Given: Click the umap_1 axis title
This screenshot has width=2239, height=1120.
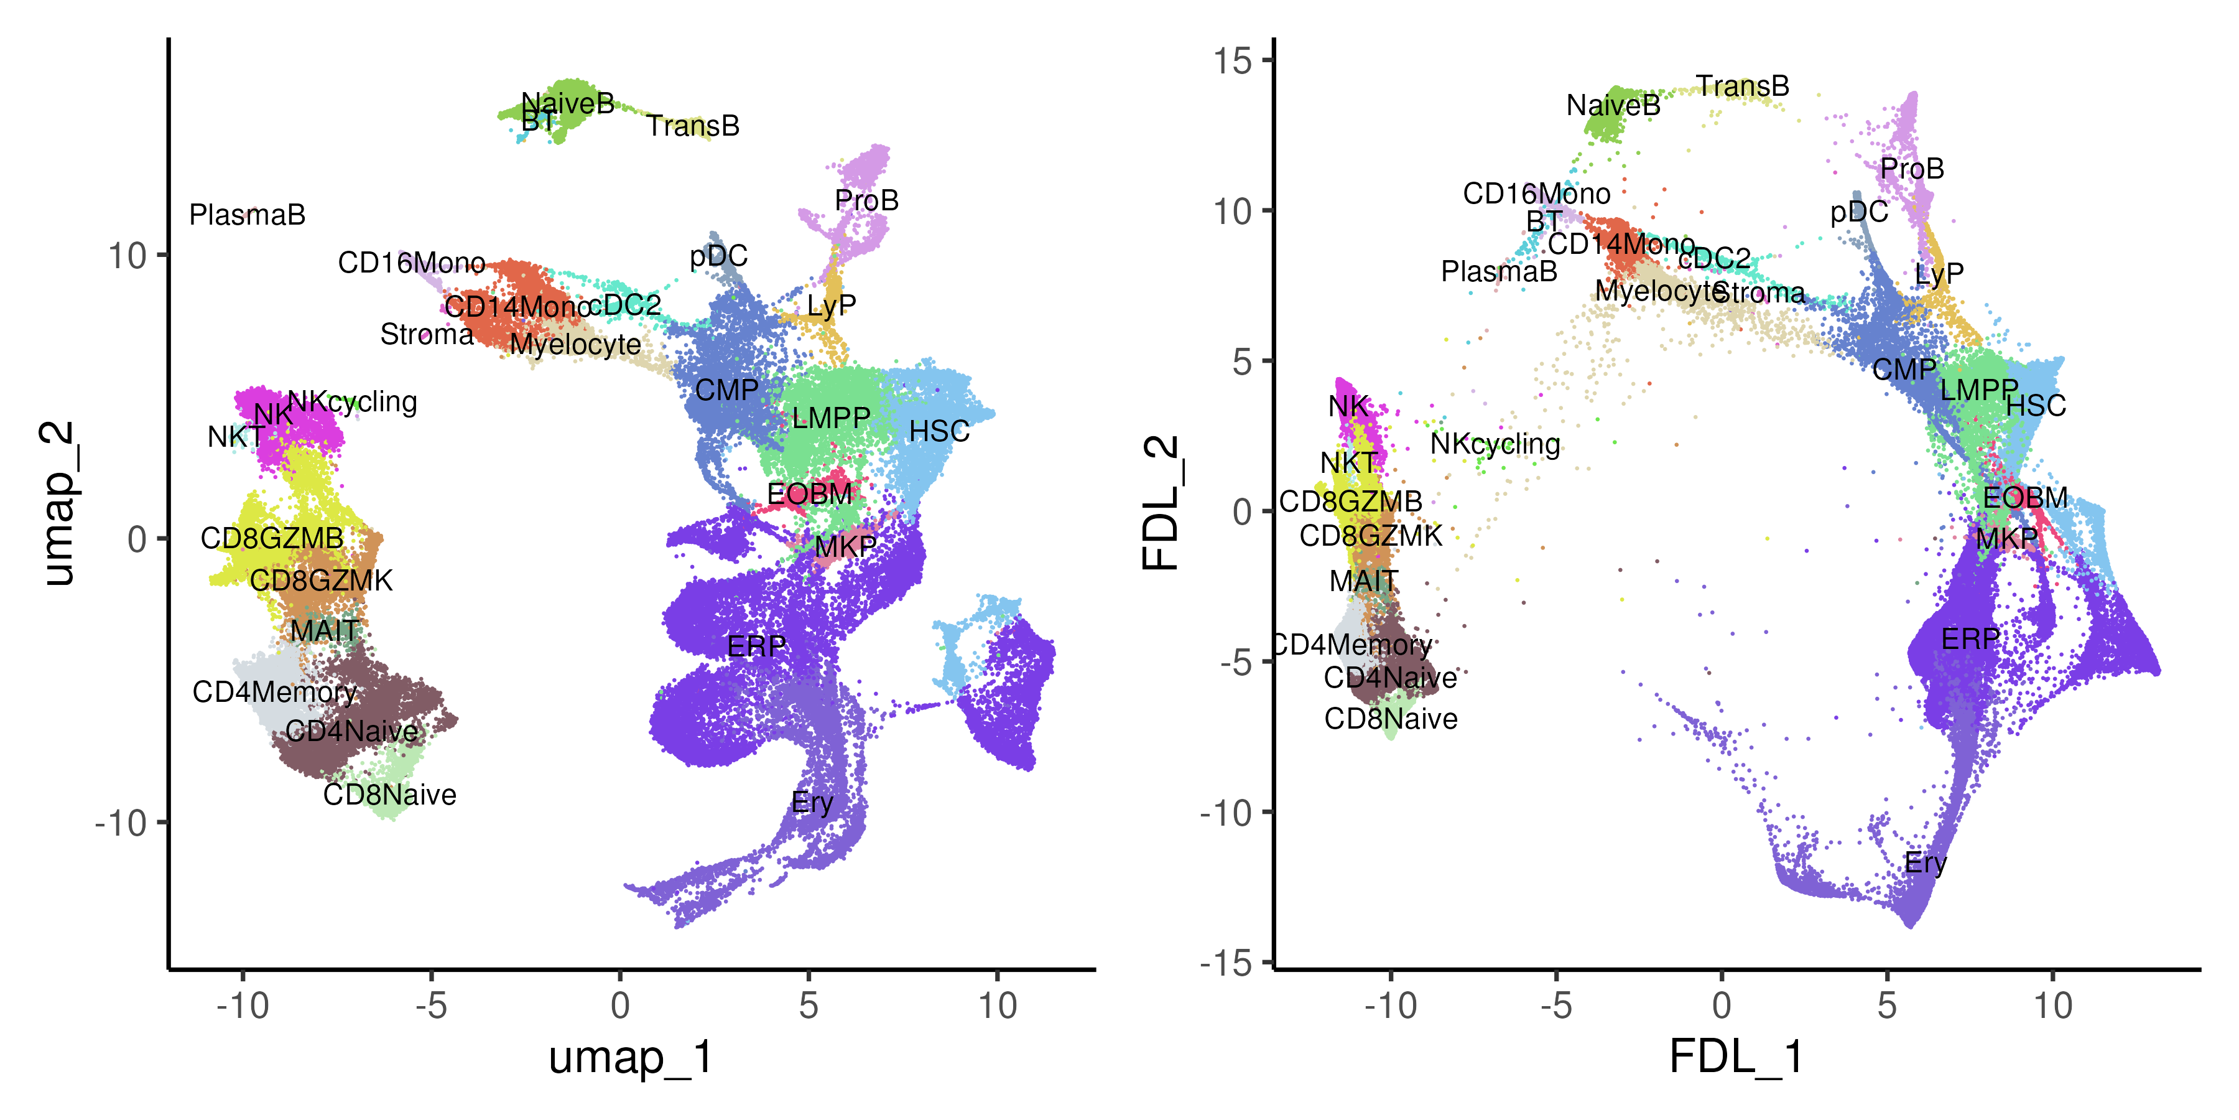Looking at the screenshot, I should (x=631, y=1057).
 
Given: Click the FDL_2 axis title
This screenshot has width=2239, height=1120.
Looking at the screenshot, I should (x=1161, y=503).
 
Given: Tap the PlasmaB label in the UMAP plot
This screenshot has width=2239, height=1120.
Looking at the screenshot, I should (x=247, y=215).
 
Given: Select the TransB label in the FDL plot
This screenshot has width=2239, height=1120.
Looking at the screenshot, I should (x=1743, y=86).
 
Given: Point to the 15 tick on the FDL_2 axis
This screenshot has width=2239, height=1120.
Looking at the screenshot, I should (x=1233, y=61).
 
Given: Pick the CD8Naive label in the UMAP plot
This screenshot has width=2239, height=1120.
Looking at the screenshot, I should (x=389, y=795).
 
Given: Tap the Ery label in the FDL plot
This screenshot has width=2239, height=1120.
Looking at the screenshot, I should (x=1925, y=864).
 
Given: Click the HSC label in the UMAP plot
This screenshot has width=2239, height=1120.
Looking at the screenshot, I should (x=939, y=431).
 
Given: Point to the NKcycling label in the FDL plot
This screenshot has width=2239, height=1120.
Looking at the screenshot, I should (x=1495, y=444).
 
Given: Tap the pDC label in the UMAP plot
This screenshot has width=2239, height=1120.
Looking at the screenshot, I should (x=718, y=256).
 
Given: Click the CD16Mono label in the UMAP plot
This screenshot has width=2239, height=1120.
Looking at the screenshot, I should (x=411, y=263).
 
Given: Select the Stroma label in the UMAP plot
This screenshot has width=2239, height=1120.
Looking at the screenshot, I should (x=427, y=335).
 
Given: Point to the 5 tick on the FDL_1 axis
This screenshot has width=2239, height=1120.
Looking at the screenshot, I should (x=1886, y=1006).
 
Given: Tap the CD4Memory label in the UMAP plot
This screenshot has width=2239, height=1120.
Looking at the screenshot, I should (x=275, y=692).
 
